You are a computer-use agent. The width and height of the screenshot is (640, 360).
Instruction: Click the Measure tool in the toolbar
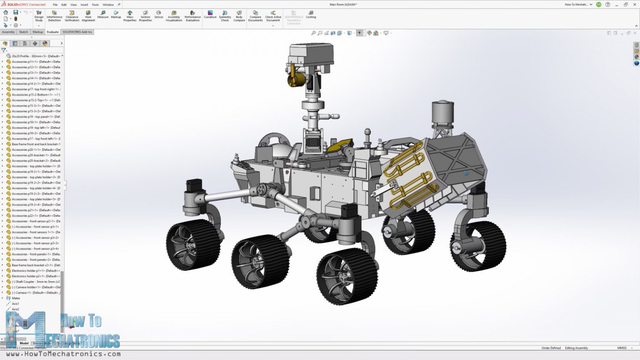tap(102, 15)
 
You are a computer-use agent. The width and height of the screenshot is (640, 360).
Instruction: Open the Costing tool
tap(311, 15)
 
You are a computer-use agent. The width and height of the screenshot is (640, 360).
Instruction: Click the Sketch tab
tap(23, 32)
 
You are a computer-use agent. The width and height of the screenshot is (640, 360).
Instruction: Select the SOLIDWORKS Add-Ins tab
tap(77, 32)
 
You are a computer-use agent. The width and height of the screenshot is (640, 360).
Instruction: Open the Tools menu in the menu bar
tap(95, 5)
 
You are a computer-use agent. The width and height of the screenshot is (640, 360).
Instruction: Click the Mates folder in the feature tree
tap(16, 298)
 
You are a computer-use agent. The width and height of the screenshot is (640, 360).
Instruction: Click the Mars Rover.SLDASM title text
tap(343, 5)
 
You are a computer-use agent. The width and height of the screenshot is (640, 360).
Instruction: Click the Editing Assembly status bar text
tap(576, 348)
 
